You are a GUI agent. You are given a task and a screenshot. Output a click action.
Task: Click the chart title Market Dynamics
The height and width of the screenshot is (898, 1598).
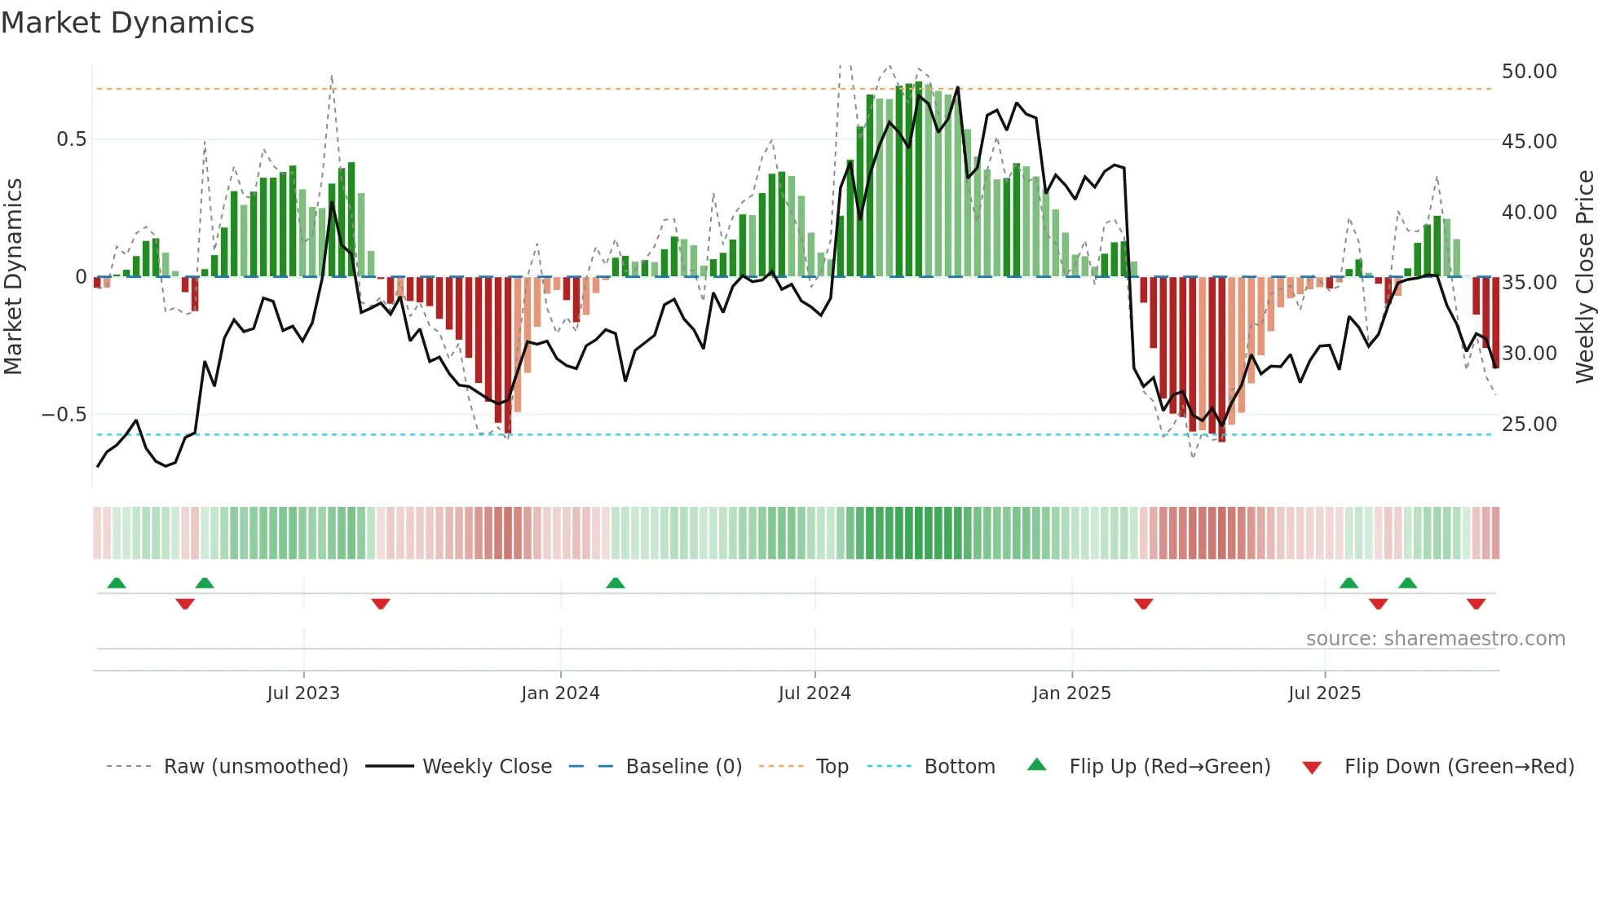(127, 23)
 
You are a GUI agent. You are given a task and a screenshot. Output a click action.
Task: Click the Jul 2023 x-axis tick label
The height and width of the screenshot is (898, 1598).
(303, 693)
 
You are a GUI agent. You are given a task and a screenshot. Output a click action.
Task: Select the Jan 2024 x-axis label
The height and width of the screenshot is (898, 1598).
(560, 693)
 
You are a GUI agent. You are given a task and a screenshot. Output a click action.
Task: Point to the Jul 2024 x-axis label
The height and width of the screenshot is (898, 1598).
(814, 693)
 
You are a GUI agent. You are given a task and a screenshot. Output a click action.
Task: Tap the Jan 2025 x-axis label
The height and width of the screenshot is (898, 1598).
(1071, 693)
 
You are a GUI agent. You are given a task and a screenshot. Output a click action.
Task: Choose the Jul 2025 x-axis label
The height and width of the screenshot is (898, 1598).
(1325, 693)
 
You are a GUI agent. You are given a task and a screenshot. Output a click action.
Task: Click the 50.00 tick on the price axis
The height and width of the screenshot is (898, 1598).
(1529, 72)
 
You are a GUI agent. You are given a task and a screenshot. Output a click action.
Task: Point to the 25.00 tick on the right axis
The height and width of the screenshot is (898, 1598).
(1529, 425)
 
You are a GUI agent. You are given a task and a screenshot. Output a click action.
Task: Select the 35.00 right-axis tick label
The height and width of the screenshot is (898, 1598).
(1529, 283)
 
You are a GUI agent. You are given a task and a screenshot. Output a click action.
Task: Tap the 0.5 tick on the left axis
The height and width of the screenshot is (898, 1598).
(71, 139)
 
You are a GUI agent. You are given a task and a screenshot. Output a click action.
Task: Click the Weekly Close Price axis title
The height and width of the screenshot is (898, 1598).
(1584, 276)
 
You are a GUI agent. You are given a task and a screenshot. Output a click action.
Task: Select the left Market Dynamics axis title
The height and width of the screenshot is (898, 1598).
(13, 276)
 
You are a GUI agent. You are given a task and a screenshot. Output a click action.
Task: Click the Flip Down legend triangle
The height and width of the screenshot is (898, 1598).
(1312, 768)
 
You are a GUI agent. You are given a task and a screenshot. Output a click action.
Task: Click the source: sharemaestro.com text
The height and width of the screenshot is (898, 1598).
(1435, 639)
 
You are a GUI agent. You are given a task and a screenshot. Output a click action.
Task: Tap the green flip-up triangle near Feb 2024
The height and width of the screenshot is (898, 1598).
(616, 583)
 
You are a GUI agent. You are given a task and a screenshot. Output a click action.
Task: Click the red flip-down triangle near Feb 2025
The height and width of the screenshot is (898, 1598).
(1143, 604)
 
